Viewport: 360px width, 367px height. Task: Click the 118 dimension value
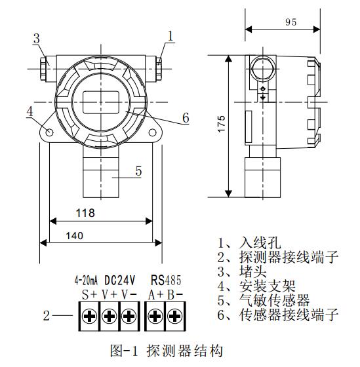pyautogui.click(x=85, y=213)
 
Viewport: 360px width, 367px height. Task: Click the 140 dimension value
pyautogui.click(x=75, y=236)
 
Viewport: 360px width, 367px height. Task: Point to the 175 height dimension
pyautogui.click(x=222, y=124)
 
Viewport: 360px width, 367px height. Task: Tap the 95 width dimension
pyautogui.click(x=291, y=22)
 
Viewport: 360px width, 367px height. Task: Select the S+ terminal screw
pyautogui.click(x=89, y=316)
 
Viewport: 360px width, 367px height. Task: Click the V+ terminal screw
pyautogui.click(x=109, y=316)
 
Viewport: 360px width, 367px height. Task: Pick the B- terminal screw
pyautogui.click(x=174, y=316)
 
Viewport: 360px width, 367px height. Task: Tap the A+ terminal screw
pyautogui.click(x=155, y=316)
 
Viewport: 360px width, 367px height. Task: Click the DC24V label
pyautogui.click(x=120, y=280)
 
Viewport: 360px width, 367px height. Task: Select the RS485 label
pyautogui.click(x=166, y=280)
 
